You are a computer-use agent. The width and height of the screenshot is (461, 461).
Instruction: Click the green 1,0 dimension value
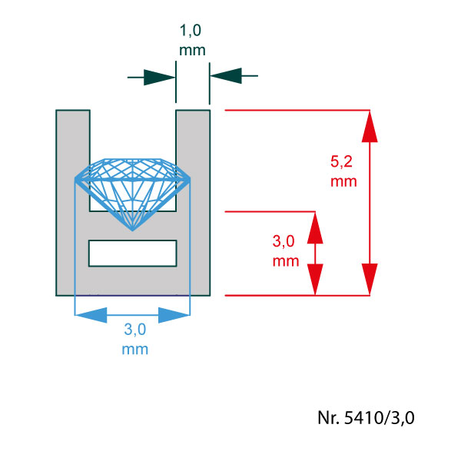pos(191,31)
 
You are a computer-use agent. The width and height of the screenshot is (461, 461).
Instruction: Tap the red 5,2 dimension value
pos(341,161)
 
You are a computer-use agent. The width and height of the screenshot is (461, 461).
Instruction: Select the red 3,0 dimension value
pos(284,241)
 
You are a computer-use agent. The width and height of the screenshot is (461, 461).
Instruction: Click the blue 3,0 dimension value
pos(135,329)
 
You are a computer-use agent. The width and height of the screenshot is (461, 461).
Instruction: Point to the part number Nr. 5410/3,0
pos(366,417)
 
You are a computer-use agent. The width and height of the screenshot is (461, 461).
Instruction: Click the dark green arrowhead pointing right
pos(159,78)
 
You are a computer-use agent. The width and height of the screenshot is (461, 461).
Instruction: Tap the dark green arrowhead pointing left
pos(226,75)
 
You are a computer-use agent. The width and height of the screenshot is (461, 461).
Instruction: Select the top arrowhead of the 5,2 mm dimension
pos(370,127)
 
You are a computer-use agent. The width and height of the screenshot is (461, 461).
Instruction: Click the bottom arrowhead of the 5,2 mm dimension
pos(370,279)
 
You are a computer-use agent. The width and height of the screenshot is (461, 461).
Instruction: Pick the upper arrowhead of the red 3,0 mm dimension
pos(315,228)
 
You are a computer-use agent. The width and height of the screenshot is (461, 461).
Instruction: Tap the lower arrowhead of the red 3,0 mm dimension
pos(315,280)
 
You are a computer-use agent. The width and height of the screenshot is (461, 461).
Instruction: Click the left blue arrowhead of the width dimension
pos(91,315)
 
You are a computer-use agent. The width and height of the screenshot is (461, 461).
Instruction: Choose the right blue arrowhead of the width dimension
pos(174,315)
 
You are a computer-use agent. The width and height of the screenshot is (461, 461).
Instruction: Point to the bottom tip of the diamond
pos(132,230)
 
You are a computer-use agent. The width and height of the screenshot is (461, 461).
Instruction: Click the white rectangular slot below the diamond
pos(133,253)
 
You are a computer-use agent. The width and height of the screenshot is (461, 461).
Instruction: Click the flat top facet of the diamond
pos(132,159)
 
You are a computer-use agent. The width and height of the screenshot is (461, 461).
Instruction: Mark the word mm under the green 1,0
pos(192,51)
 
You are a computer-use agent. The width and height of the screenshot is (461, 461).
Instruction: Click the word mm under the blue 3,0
pos(135,350)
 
